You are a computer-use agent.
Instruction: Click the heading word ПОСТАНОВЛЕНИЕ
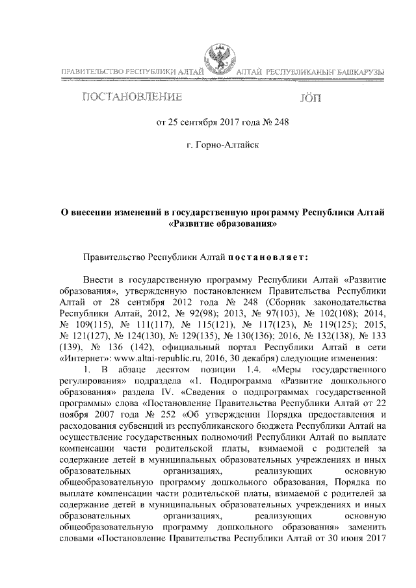tap(130, 98)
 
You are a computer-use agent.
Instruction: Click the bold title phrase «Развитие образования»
tap(222, 224)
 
